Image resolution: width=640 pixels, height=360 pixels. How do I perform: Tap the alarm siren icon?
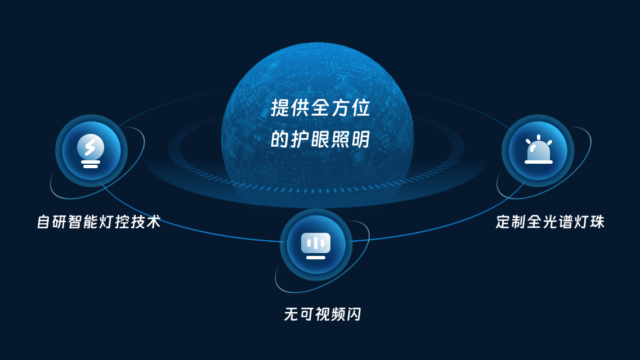[538, 150]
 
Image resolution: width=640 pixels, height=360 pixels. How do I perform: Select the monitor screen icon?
[316, 246]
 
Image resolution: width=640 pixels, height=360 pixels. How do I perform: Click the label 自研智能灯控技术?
[99, 222]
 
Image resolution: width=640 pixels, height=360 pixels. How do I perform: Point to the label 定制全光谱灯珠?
[550, 222]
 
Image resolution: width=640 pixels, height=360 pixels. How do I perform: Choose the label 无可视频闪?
[323, 314]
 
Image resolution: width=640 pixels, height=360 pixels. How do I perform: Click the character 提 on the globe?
[280, 108]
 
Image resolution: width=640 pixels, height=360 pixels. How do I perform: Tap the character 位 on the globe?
[360, 108]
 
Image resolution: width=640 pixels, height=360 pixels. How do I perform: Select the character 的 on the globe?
[280, 139]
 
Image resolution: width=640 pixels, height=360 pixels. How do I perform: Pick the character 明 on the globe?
[360, 139]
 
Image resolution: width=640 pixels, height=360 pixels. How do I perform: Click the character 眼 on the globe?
[320, 139]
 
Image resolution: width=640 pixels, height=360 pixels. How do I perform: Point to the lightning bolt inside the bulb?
[90, 147]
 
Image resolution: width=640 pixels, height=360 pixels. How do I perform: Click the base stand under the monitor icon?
[316, 257]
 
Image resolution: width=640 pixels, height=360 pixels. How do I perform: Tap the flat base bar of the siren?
[538, 162]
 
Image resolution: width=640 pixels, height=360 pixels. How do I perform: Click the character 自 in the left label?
[44, 222]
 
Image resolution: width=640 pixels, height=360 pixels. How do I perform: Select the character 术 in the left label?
[154, 222]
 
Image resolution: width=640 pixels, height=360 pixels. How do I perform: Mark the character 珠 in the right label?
[597, 222]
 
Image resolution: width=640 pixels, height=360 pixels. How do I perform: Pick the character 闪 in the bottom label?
[354, 314]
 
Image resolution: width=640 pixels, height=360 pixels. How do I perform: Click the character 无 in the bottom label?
[291, 314]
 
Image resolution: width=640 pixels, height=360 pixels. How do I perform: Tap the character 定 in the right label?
[503, 222]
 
